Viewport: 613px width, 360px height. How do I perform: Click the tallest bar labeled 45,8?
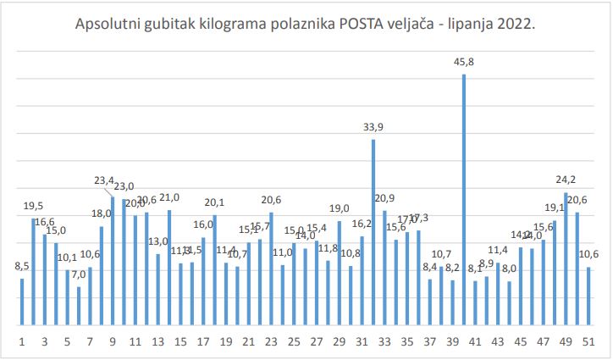[464, 199]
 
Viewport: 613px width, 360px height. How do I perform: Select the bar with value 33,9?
[373, 232]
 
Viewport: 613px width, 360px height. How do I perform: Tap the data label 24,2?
[566, 180]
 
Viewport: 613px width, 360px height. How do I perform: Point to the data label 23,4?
[104, 180]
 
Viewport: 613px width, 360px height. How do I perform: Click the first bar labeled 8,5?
[22, 302]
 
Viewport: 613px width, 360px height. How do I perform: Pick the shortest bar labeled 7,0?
[79, 306]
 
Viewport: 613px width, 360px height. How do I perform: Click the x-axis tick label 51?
[588, 342]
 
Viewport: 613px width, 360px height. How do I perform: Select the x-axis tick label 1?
[22, 342]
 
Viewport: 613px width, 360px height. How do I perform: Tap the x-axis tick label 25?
[294, 342]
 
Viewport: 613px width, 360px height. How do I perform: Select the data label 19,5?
[35, 206]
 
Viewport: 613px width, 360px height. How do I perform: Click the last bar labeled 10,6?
[588, 296]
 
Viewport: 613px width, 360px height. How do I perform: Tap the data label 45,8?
[464, 62]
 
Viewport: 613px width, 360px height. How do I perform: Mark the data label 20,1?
[214, 202]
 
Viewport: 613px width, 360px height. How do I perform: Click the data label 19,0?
[340, 208]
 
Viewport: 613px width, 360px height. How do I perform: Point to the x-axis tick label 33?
[384, 342]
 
